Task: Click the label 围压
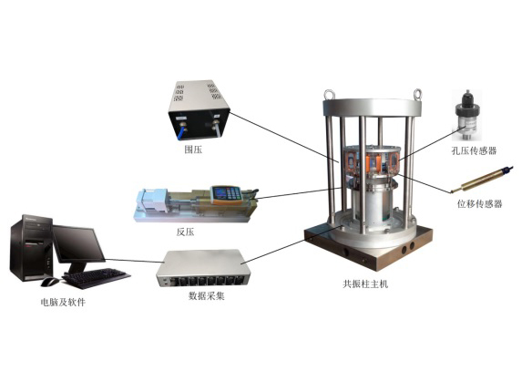point(193,150)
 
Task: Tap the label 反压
point(185,232)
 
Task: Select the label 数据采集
point(207,295)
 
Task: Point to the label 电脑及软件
point(63,302)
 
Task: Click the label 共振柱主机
point(365,284)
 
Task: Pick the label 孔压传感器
point(474,150)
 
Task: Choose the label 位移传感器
point(479,203)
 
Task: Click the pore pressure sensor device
point(467,115)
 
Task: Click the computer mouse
point(50,282)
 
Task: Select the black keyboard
point(96,277)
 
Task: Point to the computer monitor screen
point(78,243)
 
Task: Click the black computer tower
point(31,248)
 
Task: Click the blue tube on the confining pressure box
point(181,131)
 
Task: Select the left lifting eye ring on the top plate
point(330,94)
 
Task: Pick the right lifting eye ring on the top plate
point(417,94)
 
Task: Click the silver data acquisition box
point(204,268)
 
